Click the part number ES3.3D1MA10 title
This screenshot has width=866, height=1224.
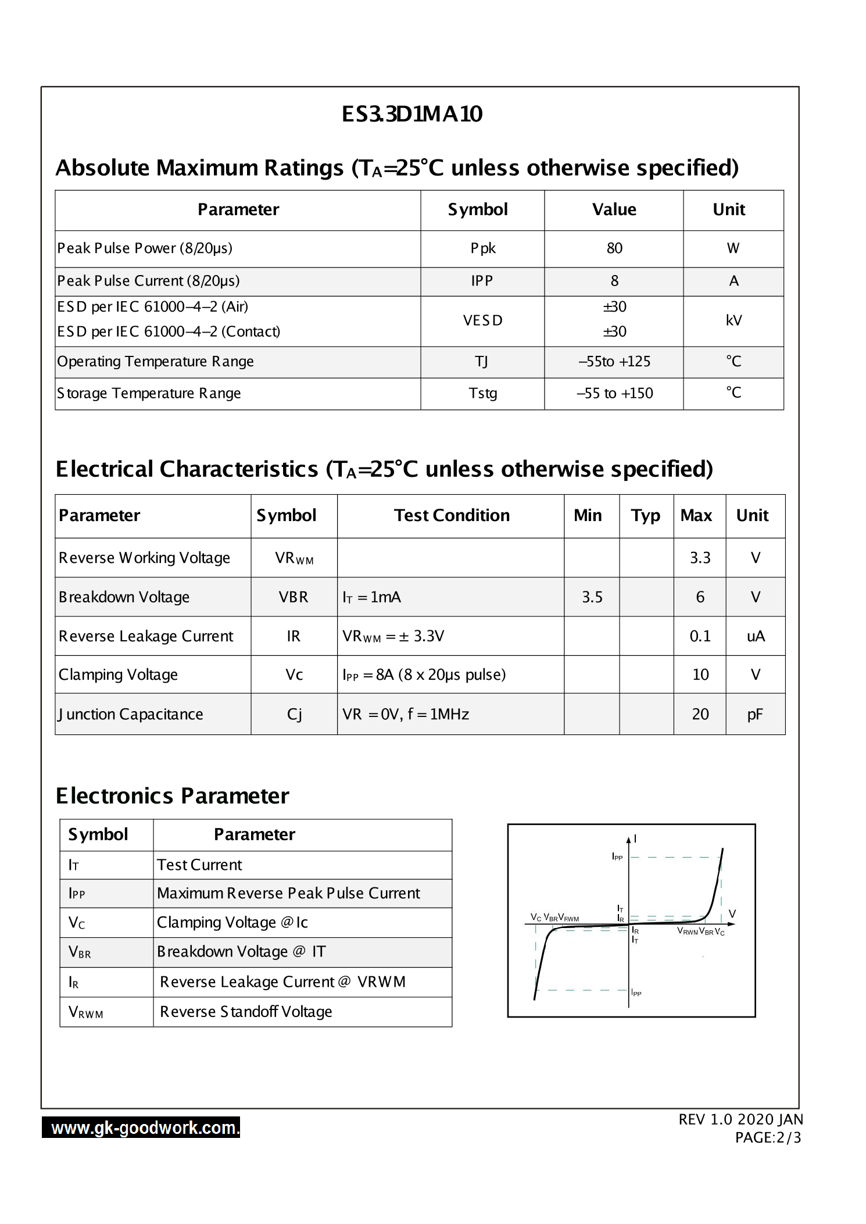(x=411, y=114)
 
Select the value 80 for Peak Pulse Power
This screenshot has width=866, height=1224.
(x=614, y=248)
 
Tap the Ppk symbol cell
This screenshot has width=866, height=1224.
(x=483, y=248)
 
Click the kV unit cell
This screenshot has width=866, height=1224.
(x=733, y=320)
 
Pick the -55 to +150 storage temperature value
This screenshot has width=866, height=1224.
(x=614, y=393)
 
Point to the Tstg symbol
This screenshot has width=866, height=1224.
(x=483, y=393)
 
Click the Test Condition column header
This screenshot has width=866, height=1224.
(x=452, y=515)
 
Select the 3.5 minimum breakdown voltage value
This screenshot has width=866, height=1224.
(x=592, y=597)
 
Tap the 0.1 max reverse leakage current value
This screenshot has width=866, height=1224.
(x=700, y=636)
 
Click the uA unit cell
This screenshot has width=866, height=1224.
(x=756, y=636)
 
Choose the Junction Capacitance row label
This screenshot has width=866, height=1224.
(x=131, y=714)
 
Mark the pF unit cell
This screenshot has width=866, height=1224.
(x=755, y=714)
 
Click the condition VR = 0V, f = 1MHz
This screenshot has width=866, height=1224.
(x=406, y=714)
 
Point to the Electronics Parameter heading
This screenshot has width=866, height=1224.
(x=172, y=796)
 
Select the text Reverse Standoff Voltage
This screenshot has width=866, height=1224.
(x=246, y=1012)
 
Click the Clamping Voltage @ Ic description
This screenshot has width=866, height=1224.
(x=232, y=922)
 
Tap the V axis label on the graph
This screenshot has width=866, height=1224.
(x=732, y=914)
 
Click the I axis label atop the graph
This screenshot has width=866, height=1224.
(x=635, y=838)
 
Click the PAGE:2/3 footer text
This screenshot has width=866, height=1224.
(x=768, y=1138)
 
